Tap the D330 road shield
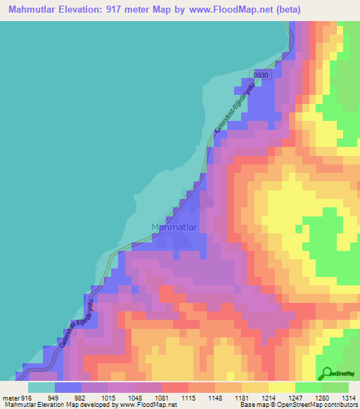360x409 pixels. [262, 75]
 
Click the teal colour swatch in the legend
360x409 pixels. [41, 387]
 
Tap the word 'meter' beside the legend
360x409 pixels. [10, 398]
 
